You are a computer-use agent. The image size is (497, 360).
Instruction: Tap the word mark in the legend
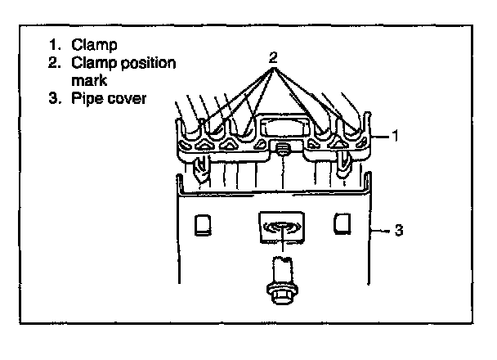pos(89,80)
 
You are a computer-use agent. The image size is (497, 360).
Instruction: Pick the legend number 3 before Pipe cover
pos(52,100)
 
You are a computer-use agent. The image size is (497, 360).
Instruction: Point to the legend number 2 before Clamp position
pos(52,63)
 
